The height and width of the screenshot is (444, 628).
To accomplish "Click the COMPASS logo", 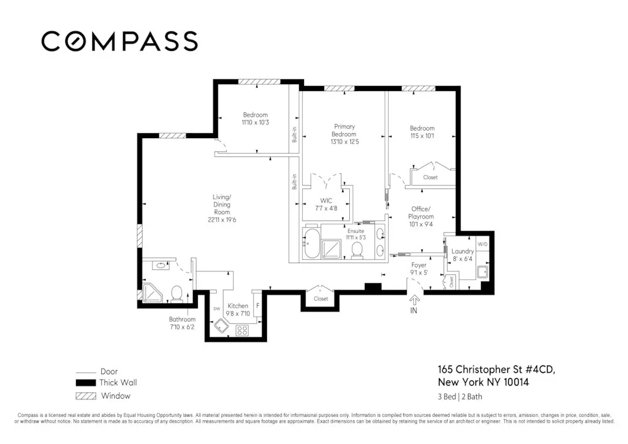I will [x=119, y=41].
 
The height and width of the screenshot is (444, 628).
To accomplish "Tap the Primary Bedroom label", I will [x=344, y=130].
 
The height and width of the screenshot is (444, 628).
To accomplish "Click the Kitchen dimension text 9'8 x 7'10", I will [x=238, y=314].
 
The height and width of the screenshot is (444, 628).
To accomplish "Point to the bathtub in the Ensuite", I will [x=311, y=243].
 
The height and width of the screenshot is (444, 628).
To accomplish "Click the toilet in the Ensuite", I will [x=357, y=249].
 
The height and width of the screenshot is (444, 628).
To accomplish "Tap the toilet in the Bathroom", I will [x=177, y=293].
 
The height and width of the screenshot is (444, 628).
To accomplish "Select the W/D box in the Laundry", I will [x=482, y=244].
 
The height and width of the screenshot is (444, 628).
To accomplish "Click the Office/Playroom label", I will [x=421, y=213].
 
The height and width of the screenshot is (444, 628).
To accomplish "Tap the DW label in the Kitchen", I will [x=217, y=309].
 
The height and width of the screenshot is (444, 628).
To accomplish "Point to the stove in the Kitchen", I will [x=243, y=330].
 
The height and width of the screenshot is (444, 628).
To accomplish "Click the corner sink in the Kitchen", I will [x=220, y=327].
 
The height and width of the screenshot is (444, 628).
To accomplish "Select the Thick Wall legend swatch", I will [x=85, y=382].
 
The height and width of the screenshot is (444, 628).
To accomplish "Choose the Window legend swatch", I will [x=85, y=396].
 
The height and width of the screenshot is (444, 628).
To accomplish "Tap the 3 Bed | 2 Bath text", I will [x=460, y=396].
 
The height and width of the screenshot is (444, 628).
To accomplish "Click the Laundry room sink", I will [x=483, y=272].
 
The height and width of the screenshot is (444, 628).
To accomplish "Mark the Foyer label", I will [x=419, y=265].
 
